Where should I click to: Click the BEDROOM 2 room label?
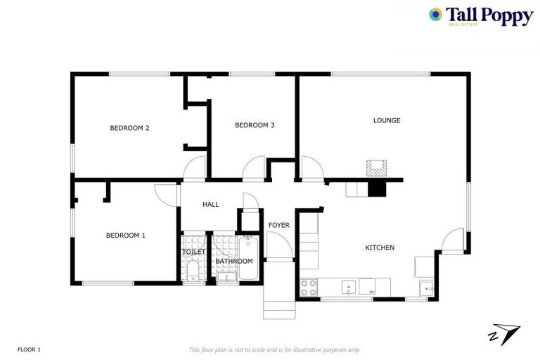pos(129,128)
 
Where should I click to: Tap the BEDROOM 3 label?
pos(255,125)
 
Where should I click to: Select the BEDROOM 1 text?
pos(126,235)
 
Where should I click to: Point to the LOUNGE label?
pos(387,120)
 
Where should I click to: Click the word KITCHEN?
pos(380,247)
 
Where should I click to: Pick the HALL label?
pos(211,205)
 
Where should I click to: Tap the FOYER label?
pos(279,225)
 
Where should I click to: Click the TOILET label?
pos(194,252)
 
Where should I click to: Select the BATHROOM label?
pos(233,262)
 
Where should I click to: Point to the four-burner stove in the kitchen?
pos(309,288)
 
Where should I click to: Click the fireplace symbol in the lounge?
pos(376,167)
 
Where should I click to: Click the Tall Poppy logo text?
pos(489,16)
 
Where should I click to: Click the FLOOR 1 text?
pos(30,349)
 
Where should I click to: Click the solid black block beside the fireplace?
pos(378,188)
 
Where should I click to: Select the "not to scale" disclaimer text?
pos(274,349)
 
